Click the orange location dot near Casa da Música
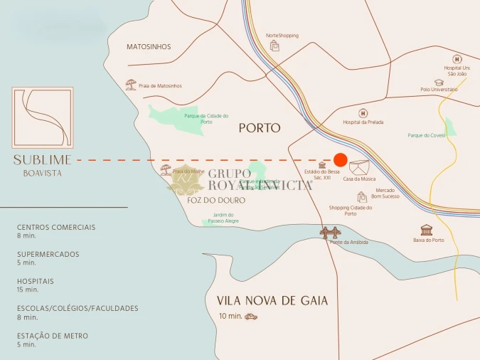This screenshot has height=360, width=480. [x=341, y=160]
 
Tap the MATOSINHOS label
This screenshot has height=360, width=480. [x=149, y=47]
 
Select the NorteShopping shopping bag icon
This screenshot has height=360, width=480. [x=275, y=46]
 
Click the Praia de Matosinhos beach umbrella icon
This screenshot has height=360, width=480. [x=131, y=85]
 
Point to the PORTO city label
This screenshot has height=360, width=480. [x=260, y=128]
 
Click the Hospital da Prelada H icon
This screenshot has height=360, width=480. [x=363, y=112]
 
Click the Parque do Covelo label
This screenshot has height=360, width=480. [x=427, y=135]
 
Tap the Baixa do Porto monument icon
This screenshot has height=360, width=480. [x=427, y=230]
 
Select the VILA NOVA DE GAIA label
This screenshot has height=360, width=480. [x=272, y=301]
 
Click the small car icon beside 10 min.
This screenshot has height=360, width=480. [x=251, y=317]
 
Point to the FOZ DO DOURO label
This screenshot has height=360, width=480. [x=216, y=201]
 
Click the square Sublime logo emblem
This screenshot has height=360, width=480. [x=43, y=118]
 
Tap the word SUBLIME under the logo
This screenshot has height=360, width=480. [x=43, y=160]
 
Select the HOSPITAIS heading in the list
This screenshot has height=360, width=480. [x=36, y=281]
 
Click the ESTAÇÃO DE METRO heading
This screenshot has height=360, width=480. [x=53, y=336]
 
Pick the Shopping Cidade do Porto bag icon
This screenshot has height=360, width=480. [x=362, y=197]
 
